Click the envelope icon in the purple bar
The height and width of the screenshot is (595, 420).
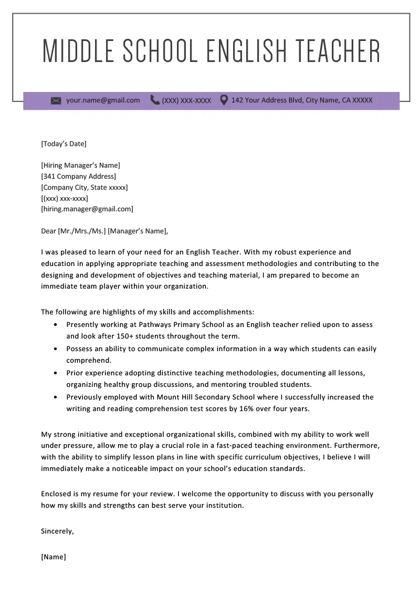point(56,100)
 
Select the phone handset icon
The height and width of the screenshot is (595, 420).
point(155,100)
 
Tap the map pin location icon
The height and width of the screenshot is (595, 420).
point(224,100)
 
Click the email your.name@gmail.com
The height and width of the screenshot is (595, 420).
point(103,100)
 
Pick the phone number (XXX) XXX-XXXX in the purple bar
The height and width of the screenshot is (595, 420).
point(186,100)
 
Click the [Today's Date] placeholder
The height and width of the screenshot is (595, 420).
point(64,143)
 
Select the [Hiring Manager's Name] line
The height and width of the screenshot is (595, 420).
point(80,165)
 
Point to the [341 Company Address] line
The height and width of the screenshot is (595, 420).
point(78,176)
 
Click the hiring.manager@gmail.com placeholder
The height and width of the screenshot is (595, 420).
point(87,209)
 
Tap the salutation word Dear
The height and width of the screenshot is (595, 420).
point(48,230)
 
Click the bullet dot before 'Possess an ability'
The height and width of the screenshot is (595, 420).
point(56,349)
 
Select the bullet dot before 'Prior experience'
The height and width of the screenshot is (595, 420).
point(56,373)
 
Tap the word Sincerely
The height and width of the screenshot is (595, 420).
point(57,531)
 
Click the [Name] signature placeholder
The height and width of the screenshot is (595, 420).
point(54,557)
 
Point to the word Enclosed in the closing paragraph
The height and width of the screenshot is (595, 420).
point(56,494)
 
